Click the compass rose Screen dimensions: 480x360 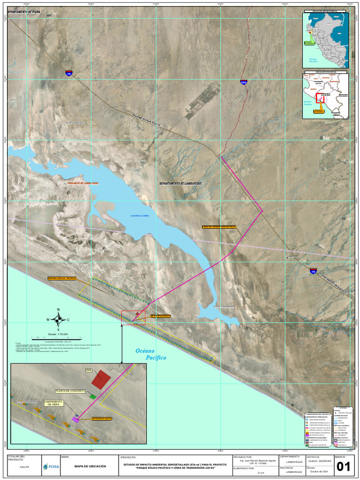tap(58, 320)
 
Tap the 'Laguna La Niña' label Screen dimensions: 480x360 tap(139, 216)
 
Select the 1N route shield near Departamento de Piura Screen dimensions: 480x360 tap(69, 73)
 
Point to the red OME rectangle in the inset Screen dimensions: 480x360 tap(101, 380)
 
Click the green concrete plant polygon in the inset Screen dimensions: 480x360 tap(93, 397)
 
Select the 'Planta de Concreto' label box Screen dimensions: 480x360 tap(70, 391)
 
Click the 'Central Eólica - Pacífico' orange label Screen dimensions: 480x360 tap(62, 278)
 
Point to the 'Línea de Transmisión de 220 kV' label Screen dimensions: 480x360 tap(219, 226)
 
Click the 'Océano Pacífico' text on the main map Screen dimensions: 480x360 tap(151, 354)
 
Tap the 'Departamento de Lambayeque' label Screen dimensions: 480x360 tap(180, 183)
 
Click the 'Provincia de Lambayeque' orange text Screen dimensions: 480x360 tap(83, 183)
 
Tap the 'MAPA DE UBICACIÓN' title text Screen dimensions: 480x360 tap(90, 466)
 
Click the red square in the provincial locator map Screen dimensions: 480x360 tap(321, 98)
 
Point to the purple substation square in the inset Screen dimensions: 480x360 tap(75, 420)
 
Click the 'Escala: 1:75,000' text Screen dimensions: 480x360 tap(58, 334)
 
